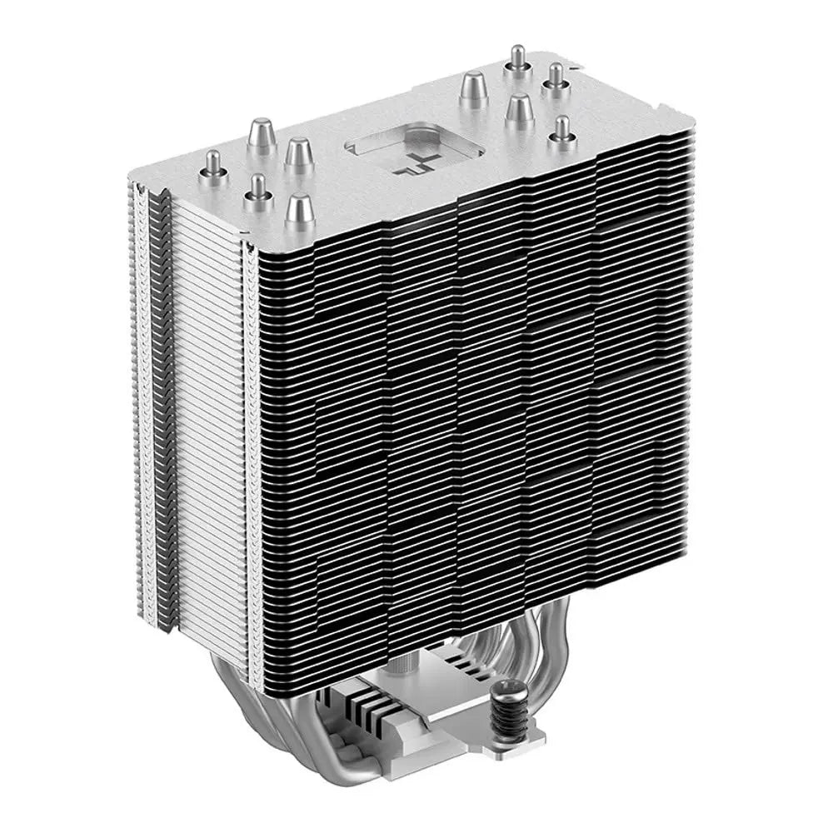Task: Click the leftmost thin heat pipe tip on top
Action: [x=213, y=161]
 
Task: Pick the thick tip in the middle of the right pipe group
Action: [x=518, y=108]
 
